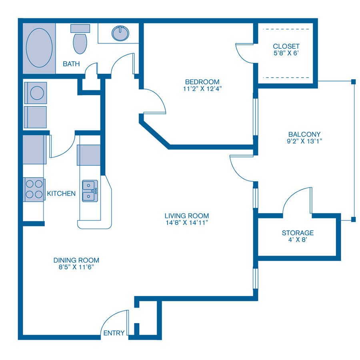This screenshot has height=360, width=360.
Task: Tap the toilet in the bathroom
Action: tap(80, 42)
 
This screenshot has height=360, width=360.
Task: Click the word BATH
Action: tap(71, 64)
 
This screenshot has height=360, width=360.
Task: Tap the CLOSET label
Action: tap(286, 46)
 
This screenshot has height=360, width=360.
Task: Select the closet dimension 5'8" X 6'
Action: tap(286, 53)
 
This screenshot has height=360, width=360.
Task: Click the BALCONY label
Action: tap(304, 134)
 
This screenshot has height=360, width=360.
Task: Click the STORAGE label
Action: tap(298, 232)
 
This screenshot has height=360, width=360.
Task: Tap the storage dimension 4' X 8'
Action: tap(298, 240)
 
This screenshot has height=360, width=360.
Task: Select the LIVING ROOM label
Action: tap(186, 216)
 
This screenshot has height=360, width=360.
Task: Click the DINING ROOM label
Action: tap(76, 260)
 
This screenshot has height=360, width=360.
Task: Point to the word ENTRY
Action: tap(114, 333)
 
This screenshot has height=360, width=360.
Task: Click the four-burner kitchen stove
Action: tap(34, 190)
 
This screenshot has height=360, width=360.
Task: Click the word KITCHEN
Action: tap(61, 194)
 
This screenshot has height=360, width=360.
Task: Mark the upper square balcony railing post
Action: tap(353, 82)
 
